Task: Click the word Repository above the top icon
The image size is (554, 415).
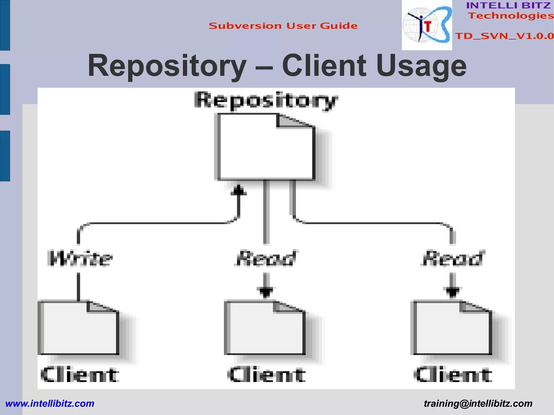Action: click(266, 101)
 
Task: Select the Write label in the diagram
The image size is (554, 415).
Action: click(80, 258)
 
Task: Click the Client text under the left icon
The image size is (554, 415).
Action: click(80, 375)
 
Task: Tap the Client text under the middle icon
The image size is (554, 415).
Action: click(266, 375)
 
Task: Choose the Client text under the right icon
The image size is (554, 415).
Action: click(453, 375)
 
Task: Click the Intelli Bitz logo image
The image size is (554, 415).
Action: click(427, 25)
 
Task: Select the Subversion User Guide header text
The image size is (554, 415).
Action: click(283, 26)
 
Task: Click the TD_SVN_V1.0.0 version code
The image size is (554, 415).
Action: click(504, 36)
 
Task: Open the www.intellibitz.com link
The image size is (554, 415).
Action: click(50, 404)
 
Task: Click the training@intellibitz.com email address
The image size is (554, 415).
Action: click(478, 404)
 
